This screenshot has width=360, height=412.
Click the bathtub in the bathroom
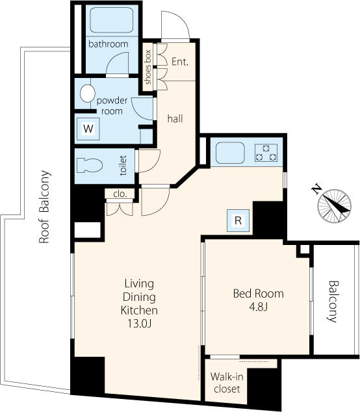point(112,19)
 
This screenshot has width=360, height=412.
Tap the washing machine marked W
point(88,129)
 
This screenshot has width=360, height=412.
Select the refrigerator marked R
point(238,220)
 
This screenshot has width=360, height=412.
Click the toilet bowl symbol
point(90,165)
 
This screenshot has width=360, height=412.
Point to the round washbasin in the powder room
point(88,94)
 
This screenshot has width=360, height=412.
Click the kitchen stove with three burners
point(266,153)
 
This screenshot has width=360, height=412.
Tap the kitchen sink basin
point(230,153)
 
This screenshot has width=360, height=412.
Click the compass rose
point(334,206)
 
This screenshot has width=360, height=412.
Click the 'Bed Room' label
point(259,294)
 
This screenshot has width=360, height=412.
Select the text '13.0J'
point(139,324)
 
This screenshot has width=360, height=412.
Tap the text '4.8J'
point(259,307)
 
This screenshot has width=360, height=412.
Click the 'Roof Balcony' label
point(44,207)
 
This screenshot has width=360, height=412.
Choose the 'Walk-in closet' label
point(227,383)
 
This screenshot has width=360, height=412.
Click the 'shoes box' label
point(148,68)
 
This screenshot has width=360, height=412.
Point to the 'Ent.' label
point(180,62)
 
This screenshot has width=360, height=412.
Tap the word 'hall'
point(175,119)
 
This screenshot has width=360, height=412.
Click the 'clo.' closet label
point(120,194)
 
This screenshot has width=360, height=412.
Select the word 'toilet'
point(123,165)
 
